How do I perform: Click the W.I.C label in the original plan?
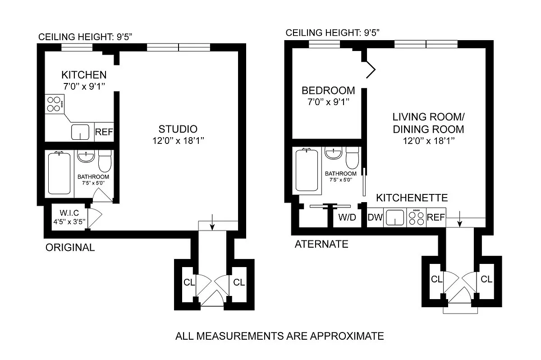point(69,213)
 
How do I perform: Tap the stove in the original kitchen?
point(55,104)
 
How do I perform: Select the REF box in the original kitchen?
point(104,132)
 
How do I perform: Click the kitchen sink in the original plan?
point(80,132)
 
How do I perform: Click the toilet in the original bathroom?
point(105,161)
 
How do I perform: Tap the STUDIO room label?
point(178,129)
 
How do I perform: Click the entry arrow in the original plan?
point(212,222)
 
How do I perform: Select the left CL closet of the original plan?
point(189,282)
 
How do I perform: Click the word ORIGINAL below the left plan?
point(70,247)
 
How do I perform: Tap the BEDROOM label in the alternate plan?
point(328,91)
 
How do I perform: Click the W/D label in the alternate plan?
point(347,217)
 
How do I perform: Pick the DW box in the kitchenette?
point(375,217)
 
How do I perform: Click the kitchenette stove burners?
point(417,217)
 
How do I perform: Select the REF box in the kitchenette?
point(436,217)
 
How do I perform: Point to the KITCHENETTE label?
point(412,198)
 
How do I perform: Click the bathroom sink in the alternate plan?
point(333,152)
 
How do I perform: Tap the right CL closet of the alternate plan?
point(486,279)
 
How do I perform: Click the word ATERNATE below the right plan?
point(321,244)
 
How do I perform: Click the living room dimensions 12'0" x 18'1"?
point(429,141)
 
